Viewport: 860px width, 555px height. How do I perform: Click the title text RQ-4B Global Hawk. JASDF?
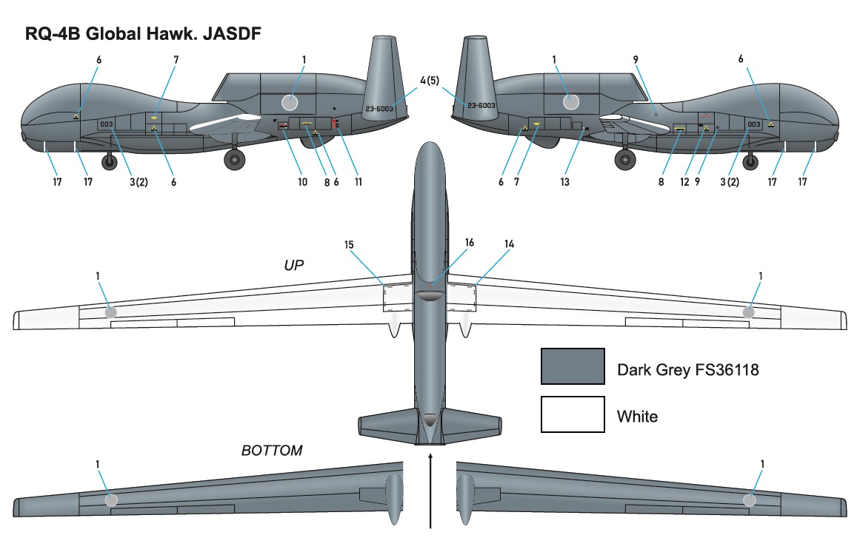[x=143, y=33]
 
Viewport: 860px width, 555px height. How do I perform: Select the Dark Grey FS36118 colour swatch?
[x=573, y=366]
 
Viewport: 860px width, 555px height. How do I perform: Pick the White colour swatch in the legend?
[x=573, y=414]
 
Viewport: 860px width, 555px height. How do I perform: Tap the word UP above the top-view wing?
[x=294, y=265]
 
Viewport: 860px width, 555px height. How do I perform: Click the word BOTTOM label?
[x=271, y=451]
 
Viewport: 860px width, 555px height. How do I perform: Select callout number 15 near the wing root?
[x=350, y=243]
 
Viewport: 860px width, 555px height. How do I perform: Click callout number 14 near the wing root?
[x=508, y=243]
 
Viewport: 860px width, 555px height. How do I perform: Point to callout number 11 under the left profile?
[x=359, y=182]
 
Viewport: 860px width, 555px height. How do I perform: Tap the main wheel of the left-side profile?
[x=236, y=158]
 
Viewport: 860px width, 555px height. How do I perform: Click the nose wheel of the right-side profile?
[x=750, y=161]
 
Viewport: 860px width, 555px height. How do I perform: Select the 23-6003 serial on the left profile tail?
[x=379, y=109]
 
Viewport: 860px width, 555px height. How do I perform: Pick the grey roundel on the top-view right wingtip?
[x=749, y=312]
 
